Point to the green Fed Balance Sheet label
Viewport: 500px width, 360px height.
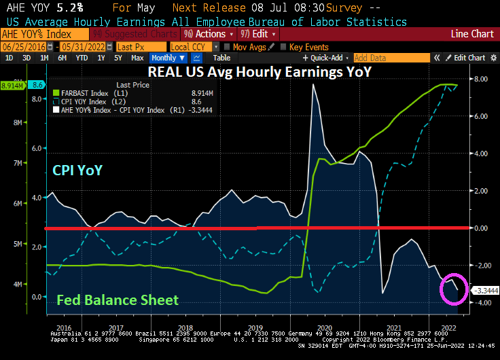[118, 300]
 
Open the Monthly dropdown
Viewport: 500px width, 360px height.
[168, 58]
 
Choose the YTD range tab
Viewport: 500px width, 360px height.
[82, 58]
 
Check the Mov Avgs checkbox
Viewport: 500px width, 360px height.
[227, 47]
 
